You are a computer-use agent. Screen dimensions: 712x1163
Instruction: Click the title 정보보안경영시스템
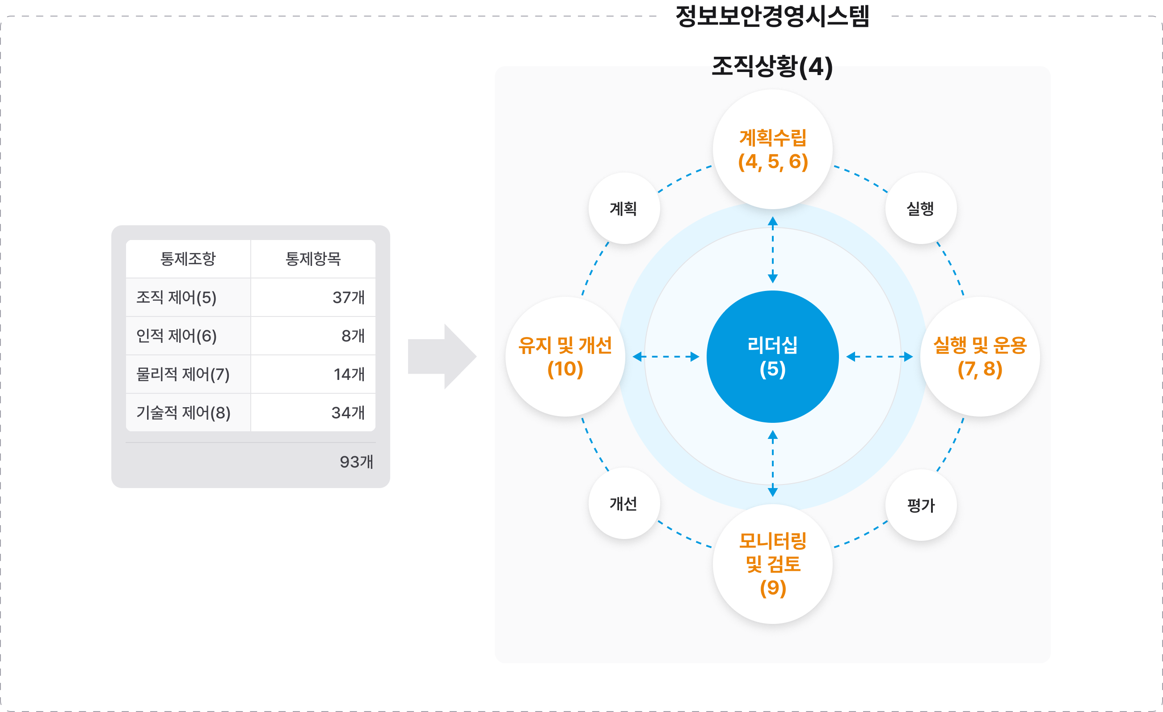click(772, 16)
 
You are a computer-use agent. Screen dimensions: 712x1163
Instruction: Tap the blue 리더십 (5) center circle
click(772, 357)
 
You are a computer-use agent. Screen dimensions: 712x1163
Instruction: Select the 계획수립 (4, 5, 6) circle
click(772, 149)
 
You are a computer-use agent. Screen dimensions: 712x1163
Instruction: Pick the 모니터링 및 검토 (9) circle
click(772, 564)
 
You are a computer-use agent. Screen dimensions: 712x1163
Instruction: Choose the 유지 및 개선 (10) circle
click(565, 357)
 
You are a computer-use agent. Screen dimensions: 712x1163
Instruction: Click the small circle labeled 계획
click(624, 208)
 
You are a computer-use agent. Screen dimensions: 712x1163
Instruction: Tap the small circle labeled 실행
click(920, 208)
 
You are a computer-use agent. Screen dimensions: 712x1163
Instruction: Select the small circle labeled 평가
click(920, 505)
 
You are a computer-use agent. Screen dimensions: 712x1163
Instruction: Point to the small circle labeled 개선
click(624, 503)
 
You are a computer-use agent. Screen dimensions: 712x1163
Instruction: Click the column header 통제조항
click(188, 259)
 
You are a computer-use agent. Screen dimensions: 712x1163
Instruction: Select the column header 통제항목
click(313, 259)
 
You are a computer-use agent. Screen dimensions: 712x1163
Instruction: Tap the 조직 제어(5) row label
click(177, 297)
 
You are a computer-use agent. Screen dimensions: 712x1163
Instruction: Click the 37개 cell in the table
click(348, 297)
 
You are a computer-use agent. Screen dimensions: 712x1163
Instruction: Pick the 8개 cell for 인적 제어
click(353, 336)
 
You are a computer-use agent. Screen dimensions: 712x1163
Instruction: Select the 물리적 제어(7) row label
click(183, 374)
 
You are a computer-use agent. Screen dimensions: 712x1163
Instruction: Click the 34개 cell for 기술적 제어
click(348, 413)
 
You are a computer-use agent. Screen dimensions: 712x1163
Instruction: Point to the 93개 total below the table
click(356, 461)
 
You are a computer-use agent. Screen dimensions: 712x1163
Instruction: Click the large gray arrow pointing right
click(441, 357)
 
